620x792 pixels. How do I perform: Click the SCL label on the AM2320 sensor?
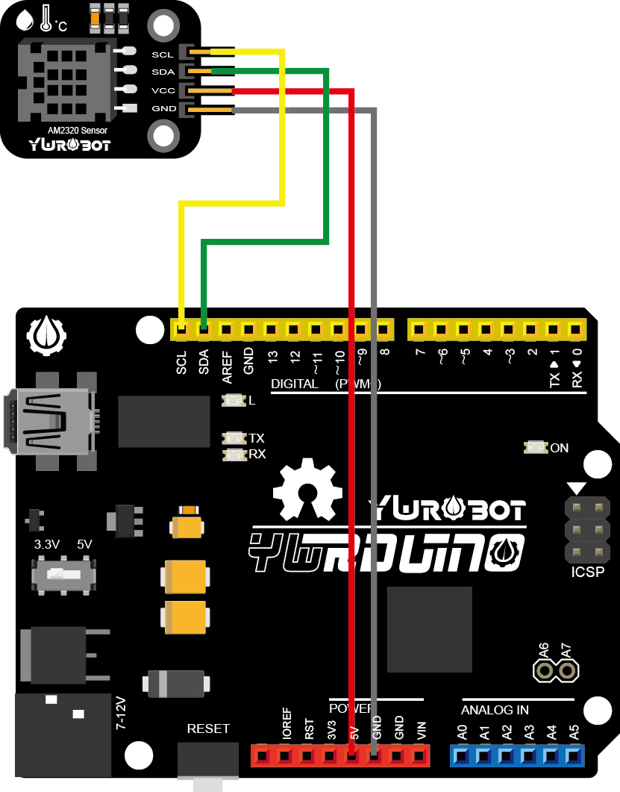point(162,54)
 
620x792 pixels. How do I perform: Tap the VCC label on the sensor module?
point(163,90)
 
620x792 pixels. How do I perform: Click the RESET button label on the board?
point(208,729)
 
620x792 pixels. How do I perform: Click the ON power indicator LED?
point(536,448)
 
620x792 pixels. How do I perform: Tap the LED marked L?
point(234,401)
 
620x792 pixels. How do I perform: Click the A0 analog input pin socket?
point(462,755)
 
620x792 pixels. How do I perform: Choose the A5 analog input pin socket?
point(574,755)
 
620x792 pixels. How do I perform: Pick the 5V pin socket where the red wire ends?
point(353,755)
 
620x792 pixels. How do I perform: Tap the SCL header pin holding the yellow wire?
point(181,328)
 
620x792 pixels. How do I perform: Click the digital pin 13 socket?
point(271,328)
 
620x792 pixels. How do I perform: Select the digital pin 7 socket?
point(419,328)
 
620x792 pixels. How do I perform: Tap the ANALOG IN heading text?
point(495,709)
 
